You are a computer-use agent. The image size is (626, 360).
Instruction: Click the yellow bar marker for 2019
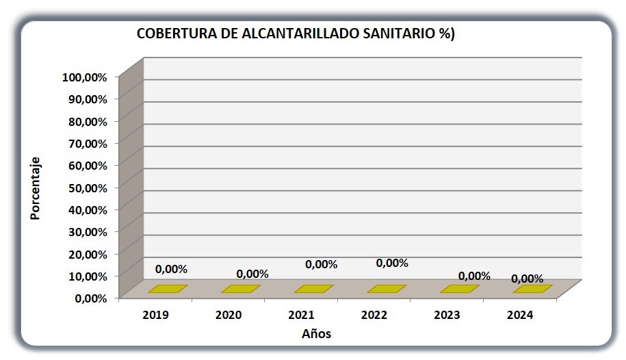pos(168,289)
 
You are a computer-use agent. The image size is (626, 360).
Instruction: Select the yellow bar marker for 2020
pos(241,289)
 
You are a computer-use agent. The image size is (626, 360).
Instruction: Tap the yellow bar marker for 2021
pos(314,289)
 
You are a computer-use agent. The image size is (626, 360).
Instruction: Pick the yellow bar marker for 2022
pos(387,289)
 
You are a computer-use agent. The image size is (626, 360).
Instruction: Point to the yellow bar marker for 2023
pos(460,289)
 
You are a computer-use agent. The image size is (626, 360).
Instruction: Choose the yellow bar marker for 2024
pos(532,289)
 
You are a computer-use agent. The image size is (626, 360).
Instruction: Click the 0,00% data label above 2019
pos(171,269)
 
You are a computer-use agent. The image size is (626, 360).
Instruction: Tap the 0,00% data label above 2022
pos(392,263)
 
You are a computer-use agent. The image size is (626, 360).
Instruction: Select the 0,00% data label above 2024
pos(527,279)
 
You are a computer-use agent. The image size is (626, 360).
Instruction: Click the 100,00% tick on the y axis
pos(85,77)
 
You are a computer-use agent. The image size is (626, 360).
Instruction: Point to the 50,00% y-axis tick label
pos(88,188)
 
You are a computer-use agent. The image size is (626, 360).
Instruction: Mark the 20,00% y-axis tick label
pos(88,254)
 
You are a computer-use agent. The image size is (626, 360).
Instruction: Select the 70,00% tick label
pos(88,144)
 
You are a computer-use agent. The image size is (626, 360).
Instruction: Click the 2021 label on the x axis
pos(302,315)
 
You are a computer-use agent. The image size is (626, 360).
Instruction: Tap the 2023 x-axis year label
pos(447,315)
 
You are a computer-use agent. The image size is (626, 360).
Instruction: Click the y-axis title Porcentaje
pos(35,188)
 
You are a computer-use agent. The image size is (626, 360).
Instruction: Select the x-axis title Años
pos(317,333)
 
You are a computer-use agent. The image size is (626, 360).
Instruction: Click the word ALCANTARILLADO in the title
pos(300,34)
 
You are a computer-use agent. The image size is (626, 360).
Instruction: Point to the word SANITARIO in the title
pos(399,34)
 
